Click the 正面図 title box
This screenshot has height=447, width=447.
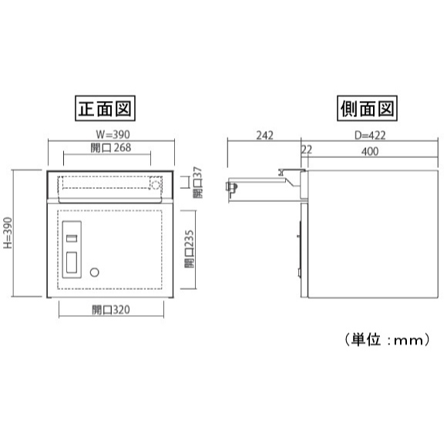coord(105,109)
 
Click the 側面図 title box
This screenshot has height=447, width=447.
coord(367,109)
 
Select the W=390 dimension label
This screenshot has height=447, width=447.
coord(113,134)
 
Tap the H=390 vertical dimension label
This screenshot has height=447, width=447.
coord(8,233)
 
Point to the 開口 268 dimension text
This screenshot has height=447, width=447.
coord(111,148)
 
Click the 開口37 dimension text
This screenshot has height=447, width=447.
coord(197,183)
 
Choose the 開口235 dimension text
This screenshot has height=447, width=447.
coord(190,249)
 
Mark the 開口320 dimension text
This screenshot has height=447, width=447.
coord(111,310)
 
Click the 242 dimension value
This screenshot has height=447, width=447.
coord(264,136)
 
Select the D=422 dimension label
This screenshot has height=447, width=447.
coord(370,136)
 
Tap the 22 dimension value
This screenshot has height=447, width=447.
coord(307,150)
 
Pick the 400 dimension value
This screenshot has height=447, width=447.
coord(370,152)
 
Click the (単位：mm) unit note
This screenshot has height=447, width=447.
coord(387,340)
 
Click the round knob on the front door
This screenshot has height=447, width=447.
coord(94,272)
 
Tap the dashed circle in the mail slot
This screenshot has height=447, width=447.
coord(156,185)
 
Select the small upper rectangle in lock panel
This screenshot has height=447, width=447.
coord(72,238)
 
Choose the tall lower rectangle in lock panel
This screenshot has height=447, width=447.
coord(72,263)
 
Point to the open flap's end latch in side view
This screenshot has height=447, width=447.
coord(231,187)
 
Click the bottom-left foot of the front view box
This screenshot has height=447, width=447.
coord(49,297)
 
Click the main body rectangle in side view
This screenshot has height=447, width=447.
coord(373,234)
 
